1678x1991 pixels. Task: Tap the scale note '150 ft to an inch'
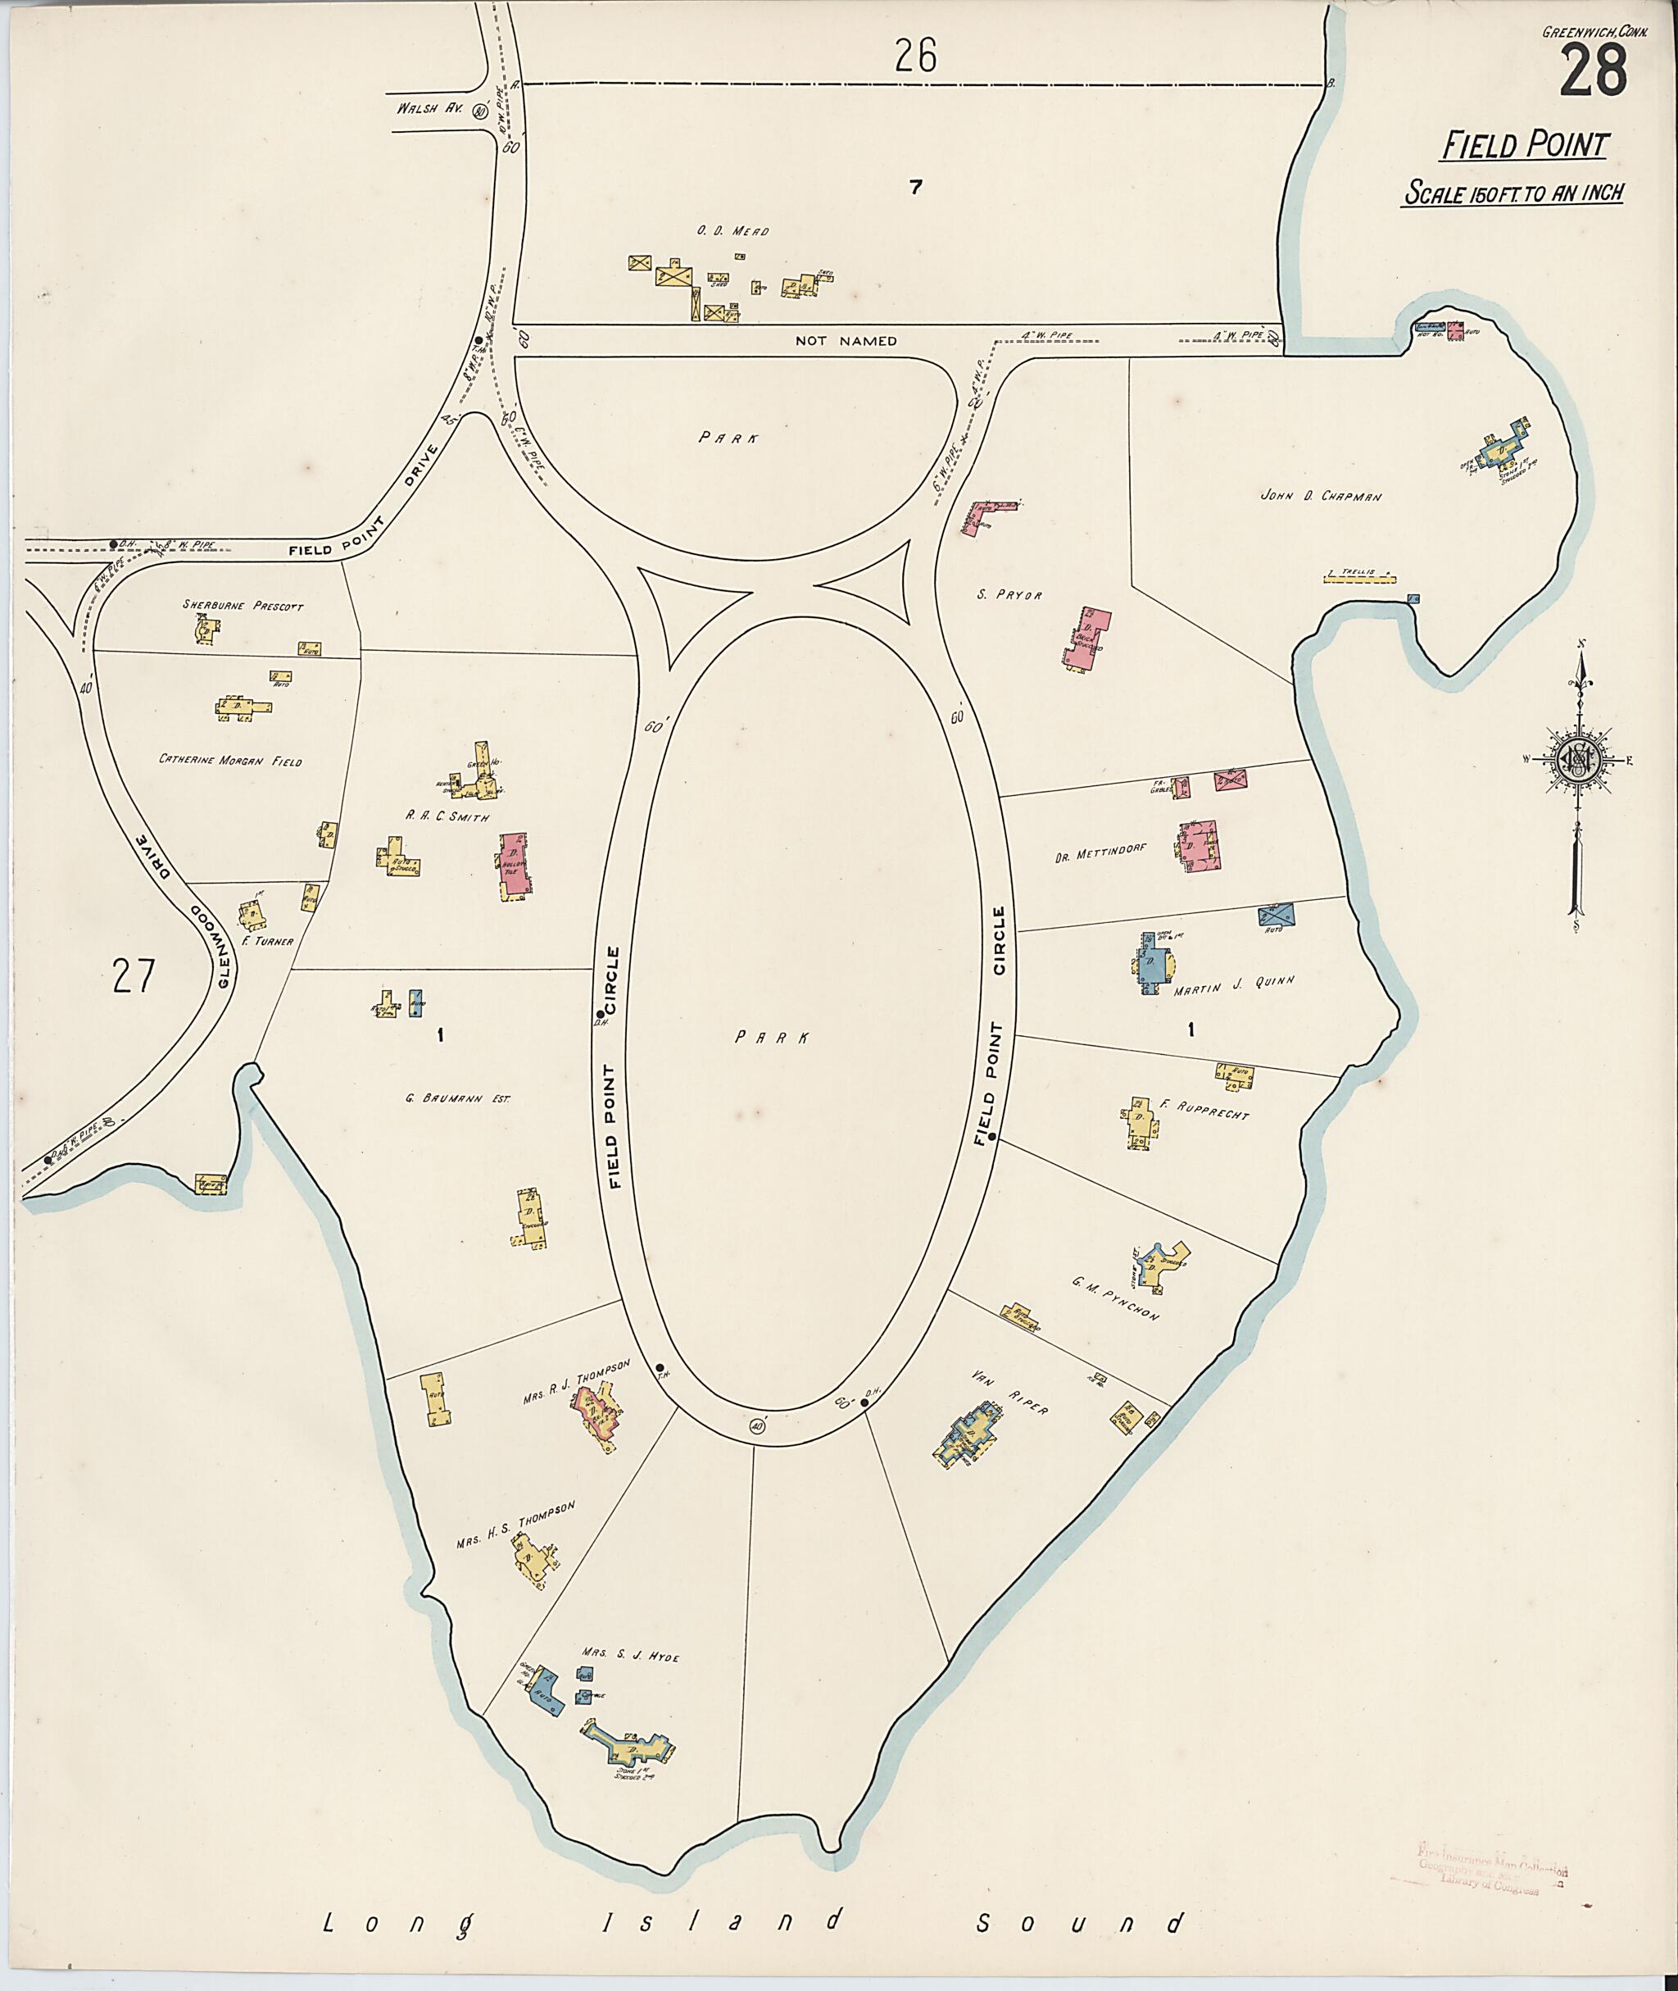[x=1512, y=193]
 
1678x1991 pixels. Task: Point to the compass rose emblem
[x=1576, y=758]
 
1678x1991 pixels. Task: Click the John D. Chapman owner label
[x=1320, y=496]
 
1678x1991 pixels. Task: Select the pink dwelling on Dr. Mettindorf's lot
[x=1199, y=844]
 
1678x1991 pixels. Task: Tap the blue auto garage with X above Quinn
[x=1277, y=915]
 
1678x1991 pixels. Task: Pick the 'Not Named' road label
[x=846, y=341]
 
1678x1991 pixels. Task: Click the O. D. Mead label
[x=732, y=231]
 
